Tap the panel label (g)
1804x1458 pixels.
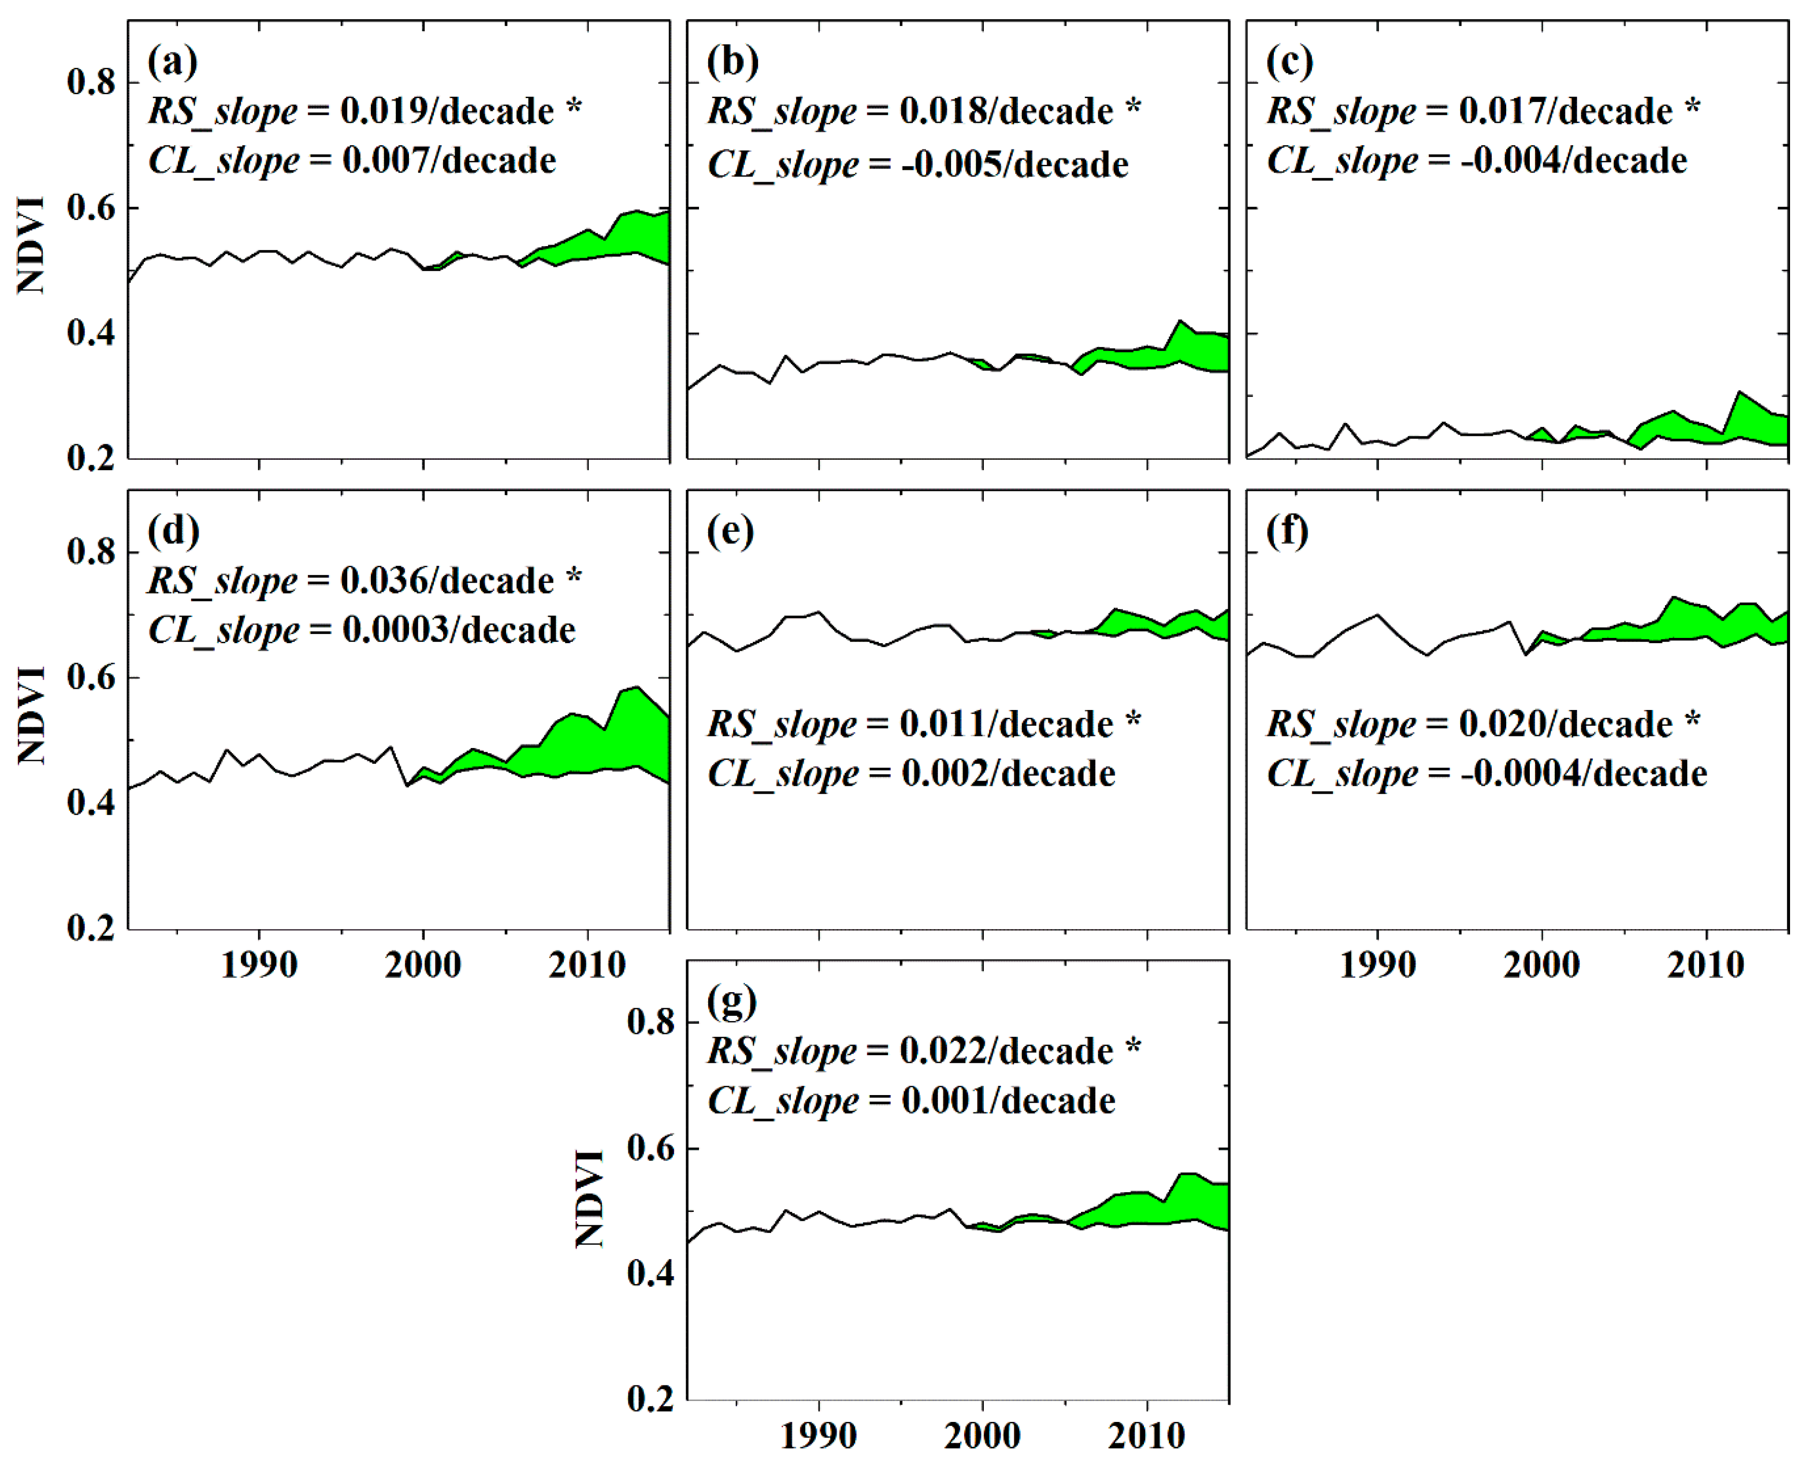click(x=732, y=1002)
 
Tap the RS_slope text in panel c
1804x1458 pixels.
click(x=1341, y=112)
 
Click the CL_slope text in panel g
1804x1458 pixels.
click(x=782, y=1101)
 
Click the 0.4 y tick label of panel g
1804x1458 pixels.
click(x=650, y=1273)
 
